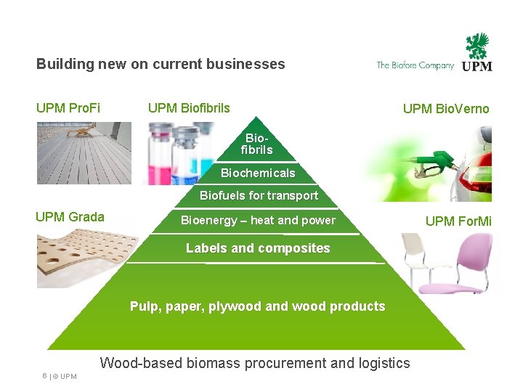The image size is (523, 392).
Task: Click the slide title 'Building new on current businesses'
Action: click(161, 64)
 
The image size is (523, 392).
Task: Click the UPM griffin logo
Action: click(477, 52)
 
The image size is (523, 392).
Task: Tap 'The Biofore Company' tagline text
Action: click(415, 65)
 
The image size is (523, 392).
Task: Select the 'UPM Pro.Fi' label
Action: click(68, 108)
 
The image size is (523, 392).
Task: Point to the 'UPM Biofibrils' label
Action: click(189, 108)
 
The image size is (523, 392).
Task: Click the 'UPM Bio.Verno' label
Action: click(446, 109)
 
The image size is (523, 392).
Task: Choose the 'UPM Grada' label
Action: click(70, 216)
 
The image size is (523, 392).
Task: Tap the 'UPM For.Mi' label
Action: click(458, 221)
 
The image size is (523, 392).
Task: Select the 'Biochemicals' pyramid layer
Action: click(258, 173)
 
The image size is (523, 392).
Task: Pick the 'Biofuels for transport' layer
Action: click(259, 195)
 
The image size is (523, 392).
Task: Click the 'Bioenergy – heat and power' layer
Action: click(258, 220)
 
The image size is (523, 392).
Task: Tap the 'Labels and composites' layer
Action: click(258, 248)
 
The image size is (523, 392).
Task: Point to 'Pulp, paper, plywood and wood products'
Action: click(257, 306)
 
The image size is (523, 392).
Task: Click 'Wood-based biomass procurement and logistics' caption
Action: click(255, 363)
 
